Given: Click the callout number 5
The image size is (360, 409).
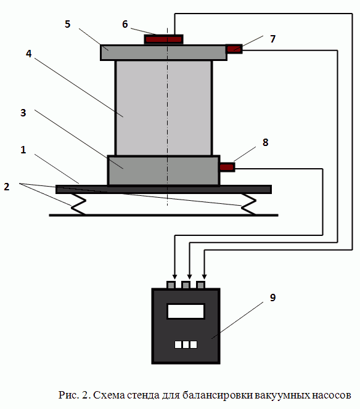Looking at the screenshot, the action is coord(68,24).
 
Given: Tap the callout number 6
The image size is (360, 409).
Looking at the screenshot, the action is coord(125,24).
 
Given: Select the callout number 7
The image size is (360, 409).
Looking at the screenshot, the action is coord(273,39).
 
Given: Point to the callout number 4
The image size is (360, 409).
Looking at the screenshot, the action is coord(28,54).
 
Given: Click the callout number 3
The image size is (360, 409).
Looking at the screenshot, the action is coord(23,113).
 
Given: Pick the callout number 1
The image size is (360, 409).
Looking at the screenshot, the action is coord(23,150).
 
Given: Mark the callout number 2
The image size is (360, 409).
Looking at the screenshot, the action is coord(7,187).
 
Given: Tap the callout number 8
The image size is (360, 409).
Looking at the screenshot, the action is coord(265,142).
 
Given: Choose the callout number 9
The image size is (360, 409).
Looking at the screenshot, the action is coord(273,298).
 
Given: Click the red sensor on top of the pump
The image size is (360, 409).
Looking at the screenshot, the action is coord(164,39).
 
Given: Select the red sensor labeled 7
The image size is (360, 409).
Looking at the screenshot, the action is coord(234,49).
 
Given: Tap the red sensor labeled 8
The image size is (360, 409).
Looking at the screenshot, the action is coord(227,167).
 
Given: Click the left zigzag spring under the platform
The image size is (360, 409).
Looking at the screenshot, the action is coord(78,204).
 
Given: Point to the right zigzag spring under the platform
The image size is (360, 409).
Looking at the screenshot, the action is coord(248,204).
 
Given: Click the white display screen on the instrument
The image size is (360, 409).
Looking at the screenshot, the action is coord(186,311).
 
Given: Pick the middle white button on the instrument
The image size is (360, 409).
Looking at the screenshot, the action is coord(186,344).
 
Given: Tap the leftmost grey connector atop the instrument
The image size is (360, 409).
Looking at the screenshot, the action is coord(171,285).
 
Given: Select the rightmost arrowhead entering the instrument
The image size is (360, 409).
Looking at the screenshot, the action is coord(205,277).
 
